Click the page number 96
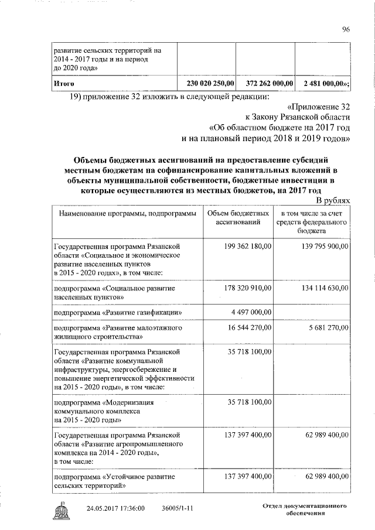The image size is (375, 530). [x=346, y=30]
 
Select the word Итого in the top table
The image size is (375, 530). [x=63, y=84]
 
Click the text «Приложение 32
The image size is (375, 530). [x=319, y=108]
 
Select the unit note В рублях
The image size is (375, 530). [x=333, y=200]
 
